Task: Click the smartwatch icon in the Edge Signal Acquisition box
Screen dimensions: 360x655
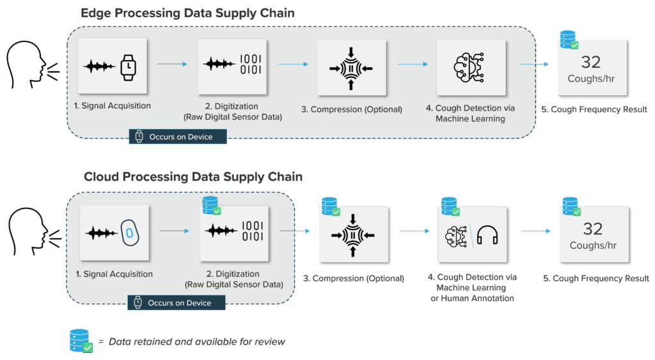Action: (x=129, y=66)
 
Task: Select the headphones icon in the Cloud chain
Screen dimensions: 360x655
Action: (x=487, y=235)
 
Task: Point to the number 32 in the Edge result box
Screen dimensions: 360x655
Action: (x=590, y=61)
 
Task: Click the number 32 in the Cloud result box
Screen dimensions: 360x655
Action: (x=592, y=228)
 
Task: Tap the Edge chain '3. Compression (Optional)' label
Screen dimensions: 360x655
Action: (x=356, y=109)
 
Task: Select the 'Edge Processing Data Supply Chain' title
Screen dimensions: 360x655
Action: (x=188, y=13)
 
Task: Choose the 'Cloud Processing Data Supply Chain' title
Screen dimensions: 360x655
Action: (x=193, y=176)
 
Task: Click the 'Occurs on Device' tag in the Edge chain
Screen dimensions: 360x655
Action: (x=178, y=137)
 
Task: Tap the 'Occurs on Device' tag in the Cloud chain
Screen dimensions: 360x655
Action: (x=177, y=302)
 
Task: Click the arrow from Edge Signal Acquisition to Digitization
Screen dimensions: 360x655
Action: (x=173, y=64)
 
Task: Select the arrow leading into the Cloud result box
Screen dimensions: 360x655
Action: (x=535, y=231)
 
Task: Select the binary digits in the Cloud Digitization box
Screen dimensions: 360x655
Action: (x=251, y=232)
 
